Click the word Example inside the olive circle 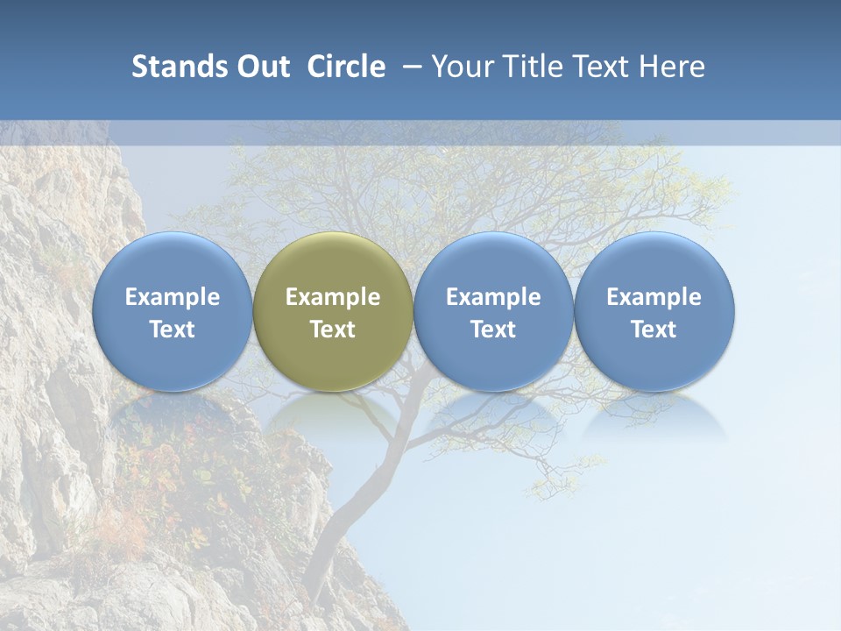tap(333, 297)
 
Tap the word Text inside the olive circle tap(333, 330)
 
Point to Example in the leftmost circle tap(172, 297)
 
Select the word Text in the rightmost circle tap(654, 330)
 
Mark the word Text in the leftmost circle tap(172, 330)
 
